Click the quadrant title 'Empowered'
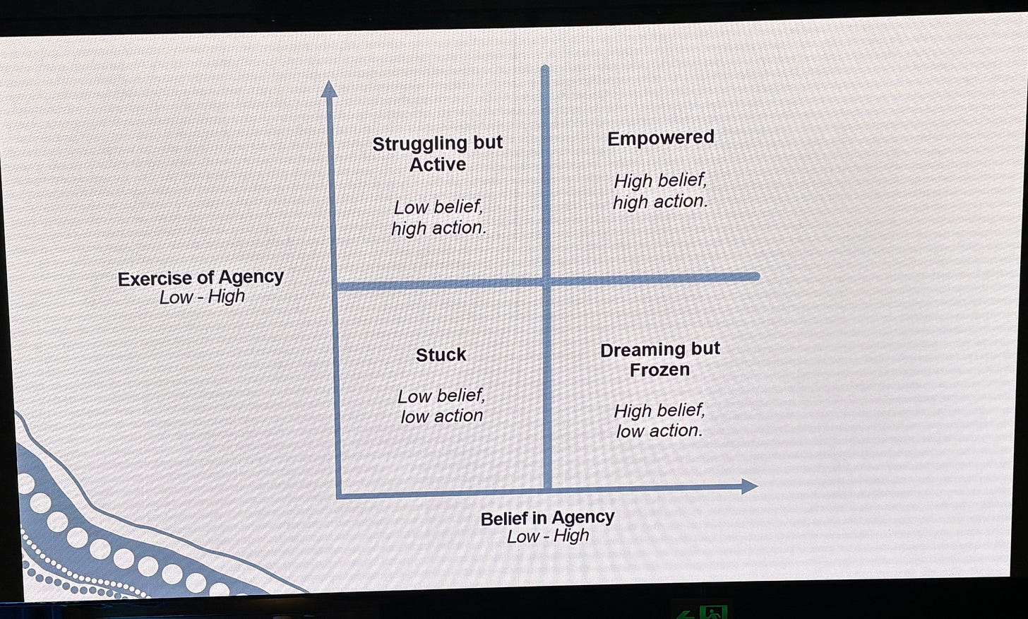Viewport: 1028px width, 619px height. tap(660, 138)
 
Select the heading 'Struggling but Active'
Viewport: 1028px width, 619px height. tap(438, 153)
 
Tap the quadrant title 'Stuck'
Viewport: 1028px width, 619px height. tap(441, 355)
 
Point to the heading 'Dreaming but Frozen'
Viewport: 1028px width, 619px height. tap(659, 359)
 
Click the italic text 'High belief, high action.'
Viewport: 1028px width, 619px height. tap(659, 191)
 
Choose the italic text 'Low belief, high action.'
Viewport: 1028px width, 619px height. tap(438, 218)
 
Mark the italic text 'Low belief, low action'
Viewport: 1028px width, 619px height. tap(441, 406)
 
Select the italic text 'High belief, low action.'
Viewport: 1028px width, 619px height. tap(659, 420)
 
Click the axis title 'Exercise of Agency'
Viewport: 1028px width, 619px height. tap(201, 278)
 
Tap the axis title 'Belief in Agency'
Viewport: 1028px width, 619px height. tap(547, 518)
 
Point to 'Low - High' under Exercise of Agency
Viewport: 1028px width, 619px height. tap(202, 297)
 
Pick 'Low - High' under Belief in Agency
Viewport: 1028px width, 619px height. tap(548, 536)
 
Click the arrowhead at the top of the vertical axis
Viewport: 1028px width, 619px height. tap(329, 89)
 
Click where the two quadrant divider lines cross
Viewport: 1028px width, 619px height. tap(546, 282)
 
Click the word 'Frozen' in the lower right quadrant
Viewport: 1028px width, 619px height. tap(659, 370)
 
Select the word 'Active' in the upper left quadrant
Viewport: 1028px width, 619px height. tap(438, 165)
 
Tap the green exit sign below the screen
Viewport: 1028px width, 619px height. tap(712, 612)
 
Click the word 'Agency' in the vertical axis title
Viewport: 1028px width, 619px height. tap(251, 277)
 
